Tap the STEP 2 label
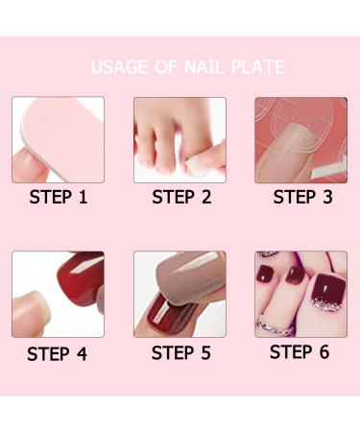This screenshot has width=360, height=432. click(x=180, y=199)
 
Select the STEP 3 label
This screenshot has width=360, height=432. click(x=301, y=198)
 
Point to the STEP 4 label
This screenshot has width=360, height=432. click(x=57, y=353)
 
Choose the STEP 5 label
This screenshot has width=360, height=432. click(x=180, y=352)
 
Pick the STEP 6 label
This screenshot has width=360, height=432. click(x=300, y=351)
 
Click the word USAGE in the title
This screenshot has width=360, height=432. click(x=121, y=67)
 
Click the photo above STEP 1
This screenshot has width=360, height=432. click(x=58, y=140)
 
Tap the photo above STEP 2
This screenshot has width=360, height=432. click(x=180, y=140)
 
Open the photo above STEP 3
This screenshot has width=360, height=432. click(x=300, y=140)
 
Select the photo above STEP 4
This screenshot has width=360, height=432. click(x=58, y=294)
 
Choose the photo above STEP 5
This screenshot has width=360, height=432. click(x=180, y=294)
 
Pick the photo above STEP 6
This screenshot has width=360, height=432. click(x=300, y=294)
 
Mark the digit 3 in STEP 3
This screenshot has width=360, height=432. click(x=325, y=198)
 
